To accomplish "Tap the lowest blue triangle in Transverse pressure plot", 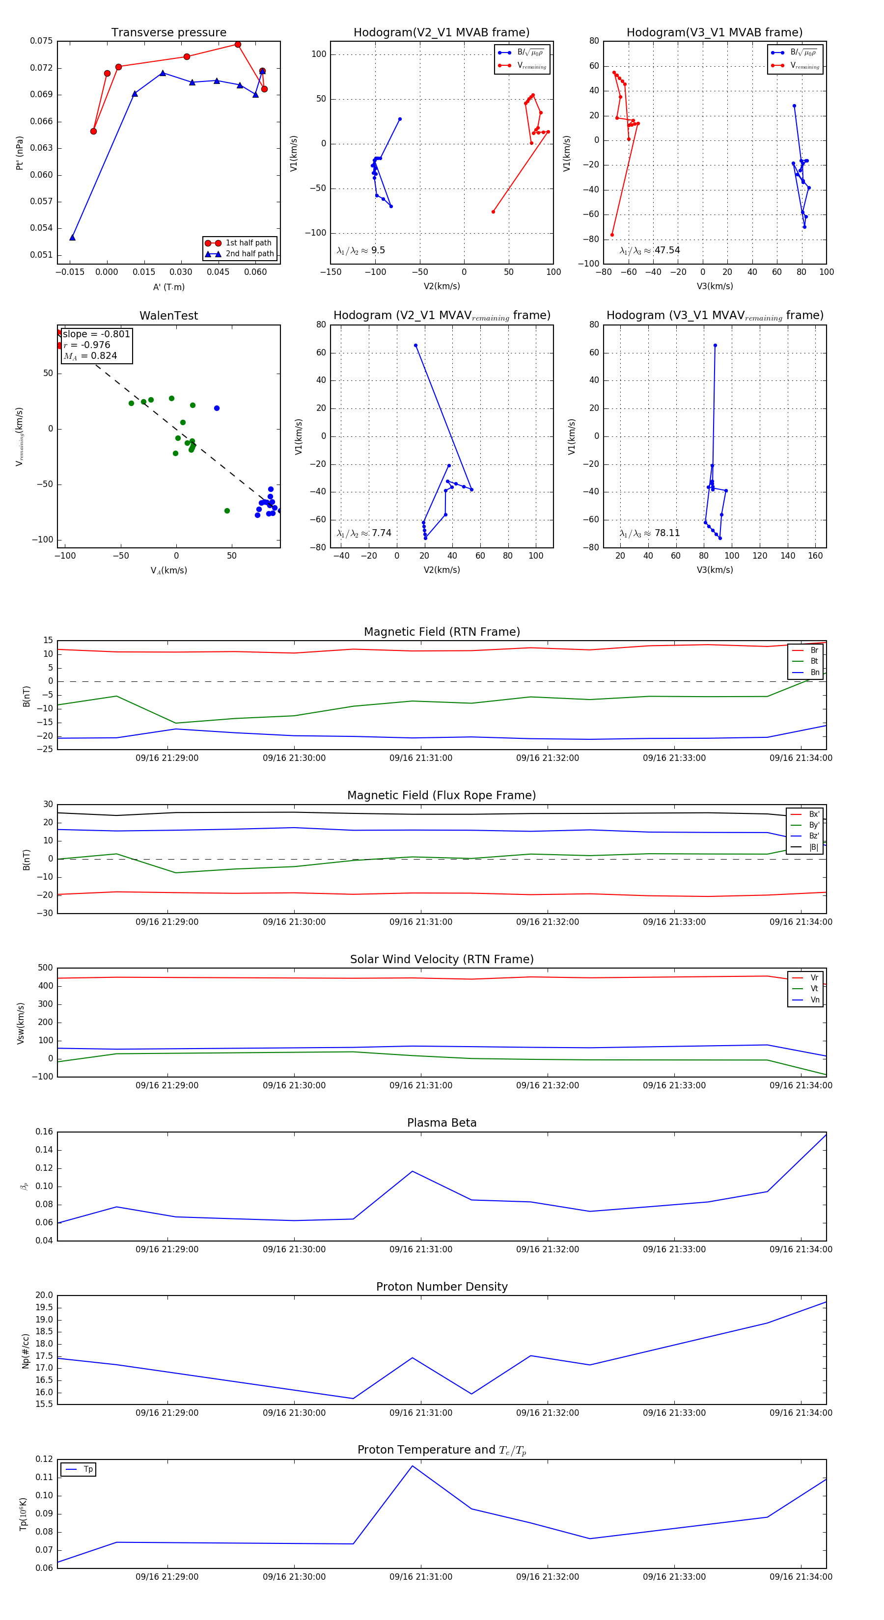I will click(72, 237).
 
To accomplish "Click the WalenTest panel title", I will click(168, 316).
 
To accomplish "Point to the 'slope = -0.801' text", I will click(96, 334).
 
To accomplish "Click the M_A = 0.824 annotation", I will click(90, 356).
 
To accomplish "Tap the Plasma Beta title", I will click(442, 1123).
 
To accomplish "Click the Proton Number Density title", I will click(442, 1286).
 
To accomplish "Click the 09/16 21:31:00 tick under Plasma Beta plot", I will click(420, 1249).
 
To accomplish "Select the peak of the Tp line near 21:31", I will click(413, 1466).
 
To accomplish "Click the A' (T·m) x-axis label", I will click(168, 287).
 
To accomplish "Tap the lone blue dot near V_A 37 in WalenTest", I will click(217, 408).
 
